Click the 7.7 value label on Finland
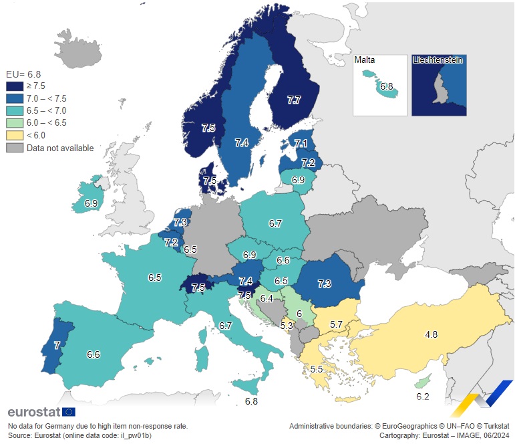point(293,100)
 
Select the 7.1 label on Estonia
point(301,144)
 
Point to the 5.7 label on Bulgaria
point(336,324)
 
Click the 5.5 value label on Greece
point(317,369)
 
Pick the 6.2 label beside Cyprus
point(422,397)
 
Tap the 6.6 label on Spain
point(93,354)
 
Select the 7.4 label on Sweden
point(242,142)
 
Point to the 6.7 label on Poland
point(275,223)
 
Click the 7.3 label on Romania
point(324,284)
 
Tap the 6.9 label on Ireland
point(92,203)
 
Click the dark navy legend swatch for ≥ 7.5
point(15,86)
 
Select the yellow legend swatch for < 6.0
point(15,135)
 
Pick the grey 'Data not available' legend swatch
point(15,148)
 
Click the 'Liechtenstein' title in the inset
point(438,60)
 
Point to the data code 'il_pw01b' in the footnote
point(134,435)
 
